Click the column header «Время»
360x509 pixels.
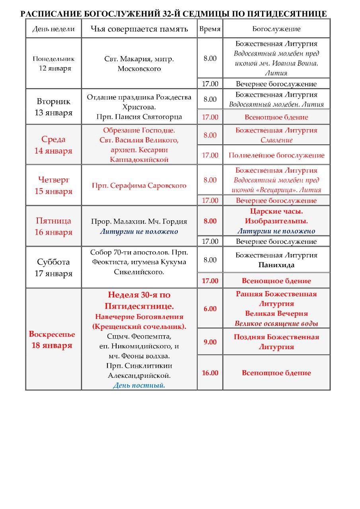[210, 29]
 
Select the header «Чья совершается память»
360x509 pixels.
[139, 29]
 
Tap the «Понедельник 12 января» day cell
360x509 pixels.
[54, 63]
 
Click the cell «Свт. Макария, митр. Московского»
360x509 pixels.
[139, 64]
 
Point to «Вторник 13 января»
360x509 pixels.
[54, 107]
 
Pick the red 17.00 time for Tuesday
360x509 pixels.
[210, 117]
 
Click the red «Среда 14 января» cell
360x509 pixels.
[54, 145]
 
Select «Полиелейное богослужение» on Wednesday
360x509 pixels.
[276, 155]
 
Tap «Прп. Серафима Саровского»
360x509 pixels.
[139, 186]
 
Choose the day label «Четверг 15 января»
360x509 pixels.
[54, 185]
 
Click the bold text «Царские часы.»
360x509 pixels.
[276, 211]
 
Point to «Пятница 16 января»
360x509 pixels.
[54, 226]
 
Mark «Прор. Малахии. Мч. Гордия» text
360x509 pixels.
[139, 221]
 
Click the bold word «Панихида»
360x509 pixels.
[276, 265]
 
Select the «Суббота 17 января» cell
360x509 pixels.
[54, 268]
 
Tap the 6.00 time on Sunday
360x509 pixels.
[210, 309]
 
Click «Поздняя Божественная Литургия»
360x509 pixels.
[276, 342]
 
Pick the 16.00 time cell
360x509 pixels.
[210, 373]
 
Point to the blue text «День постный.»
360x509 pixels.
[139, 385]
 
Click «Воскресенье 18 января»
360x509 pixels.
[52, 340]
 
